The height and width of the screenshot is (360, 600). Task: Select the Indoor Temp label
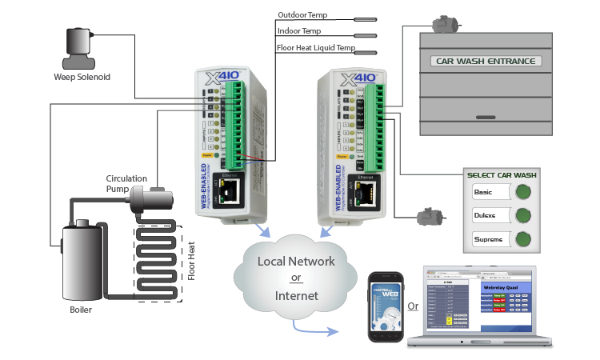[298, 33]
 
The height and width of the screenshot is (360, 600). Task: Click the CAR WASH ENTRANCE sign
[486, 61]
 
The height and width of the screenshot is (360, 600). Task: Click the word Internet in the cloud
[297, 296]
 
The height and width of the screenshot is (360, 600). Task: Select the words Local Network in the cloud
[296, 262]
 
